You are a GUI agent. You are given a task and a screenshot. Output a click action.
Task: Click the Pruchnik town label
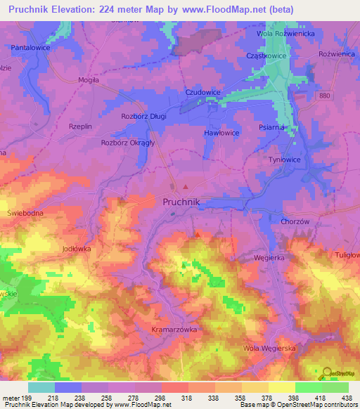(181, 202)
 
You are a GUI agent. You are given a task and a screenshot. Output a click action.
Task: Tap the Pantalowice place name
(33, 47)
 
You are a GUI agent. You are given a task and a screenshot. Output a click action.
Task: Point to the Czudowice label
(202, 92)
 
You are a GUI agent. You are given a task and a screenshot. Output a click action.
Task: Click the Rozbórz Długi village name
(143, 116)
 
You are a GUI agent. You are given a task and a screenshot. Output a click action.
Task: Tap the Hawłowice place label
(221, 133)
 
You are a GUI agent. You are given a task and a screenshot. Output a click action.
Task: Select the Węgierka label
(268, 258)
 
